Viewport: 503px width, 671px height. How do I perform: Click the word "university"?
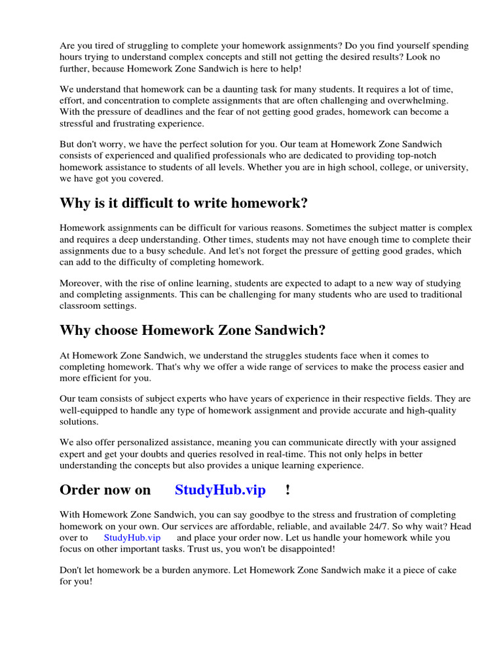point(446,167)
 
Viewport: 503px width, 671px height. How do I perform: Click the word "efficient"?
point(103,378)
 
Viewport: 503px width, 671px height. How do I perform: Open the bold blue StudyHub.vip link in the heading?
point(220,490)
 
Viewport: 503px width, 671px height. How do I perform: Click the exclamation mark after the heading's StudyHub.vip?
point(288,490)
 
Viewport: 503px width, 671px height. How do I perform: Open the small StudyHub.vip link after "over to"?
point(132,537)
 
